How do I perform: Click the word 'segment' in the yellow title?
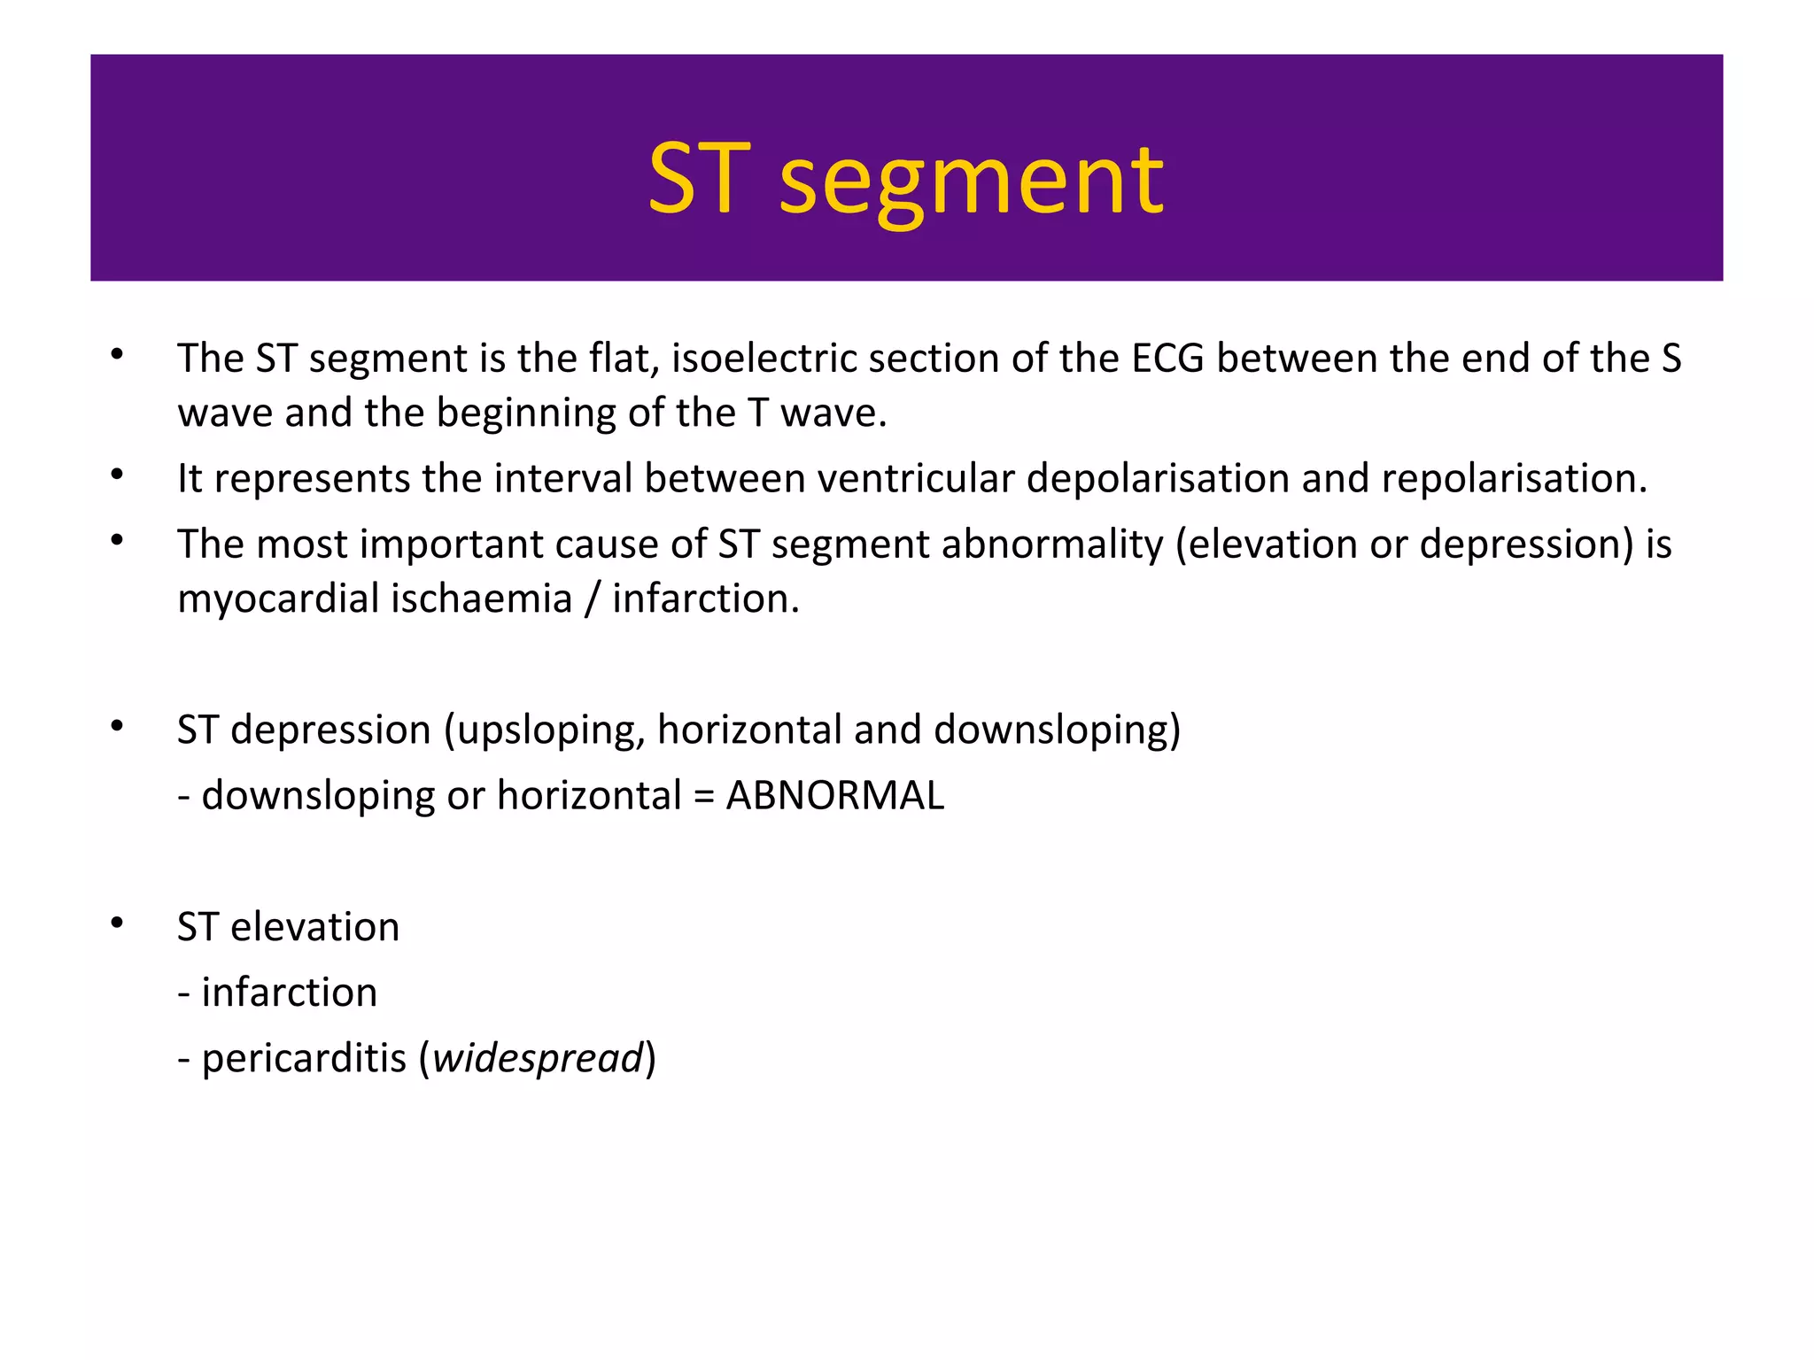point(971,182)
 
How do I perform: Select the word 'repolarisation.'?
point(1515,479)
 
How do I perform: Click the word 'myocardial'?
point(278,599)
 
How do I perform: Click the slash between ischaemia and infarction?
point(592,599)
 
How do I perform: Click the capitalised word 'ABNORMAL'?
point(834,796)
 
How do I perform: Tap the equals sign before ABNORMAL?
point(703,796)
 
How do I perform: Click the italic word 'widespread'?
point(538,1058)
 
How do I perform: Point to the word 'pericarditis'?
point(304,1058)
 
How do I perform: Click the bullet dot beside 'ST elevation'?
point(117,924)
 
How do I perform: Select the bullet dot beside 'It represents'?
point(117,475)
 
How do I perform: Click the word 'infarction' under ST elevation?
point(290,993)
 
